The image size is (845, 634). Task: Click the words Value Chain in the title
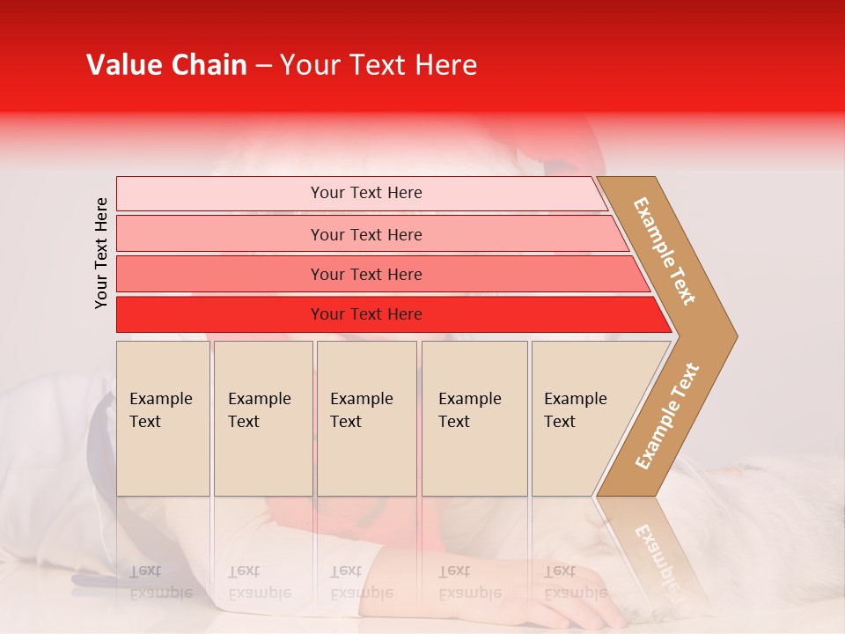click(166, 65)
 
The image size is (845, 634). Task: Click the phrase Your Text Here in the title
click(378, 65)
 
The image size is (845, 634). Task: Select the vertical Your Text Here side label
click(102, 253)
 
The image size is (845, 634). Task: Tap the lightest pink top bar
click(220, 194)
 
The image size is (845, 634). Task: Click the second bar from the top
click(220, 234)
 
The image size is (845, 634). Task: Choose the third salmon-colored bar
click(220, 274)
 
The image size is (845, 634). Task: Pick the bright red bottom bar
click(220, 314)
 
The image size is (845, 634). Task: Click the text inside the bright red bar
click(366, 314)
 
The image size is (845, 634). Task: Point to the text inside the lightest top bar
click(366, 193)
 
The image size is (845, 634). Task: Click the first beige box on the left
click(163, 418)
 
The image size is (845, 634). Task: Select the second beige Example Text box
click(262, 418)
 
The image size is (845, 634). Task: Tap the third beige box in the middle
click(366, 418)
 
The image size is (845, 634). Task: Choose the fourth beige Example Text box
click(474, 418)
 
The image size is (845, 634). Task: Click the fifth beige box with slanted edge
click(581, 418)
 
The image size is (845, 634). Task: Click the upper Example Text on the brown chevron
click(665, 251)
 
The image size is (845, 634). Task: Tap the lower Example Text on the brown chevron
click(666, 417)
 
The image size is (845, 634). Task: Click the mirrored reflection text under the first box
click(160, 582)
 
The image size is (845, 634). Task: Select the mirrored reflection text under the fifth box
click(575, 582)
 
